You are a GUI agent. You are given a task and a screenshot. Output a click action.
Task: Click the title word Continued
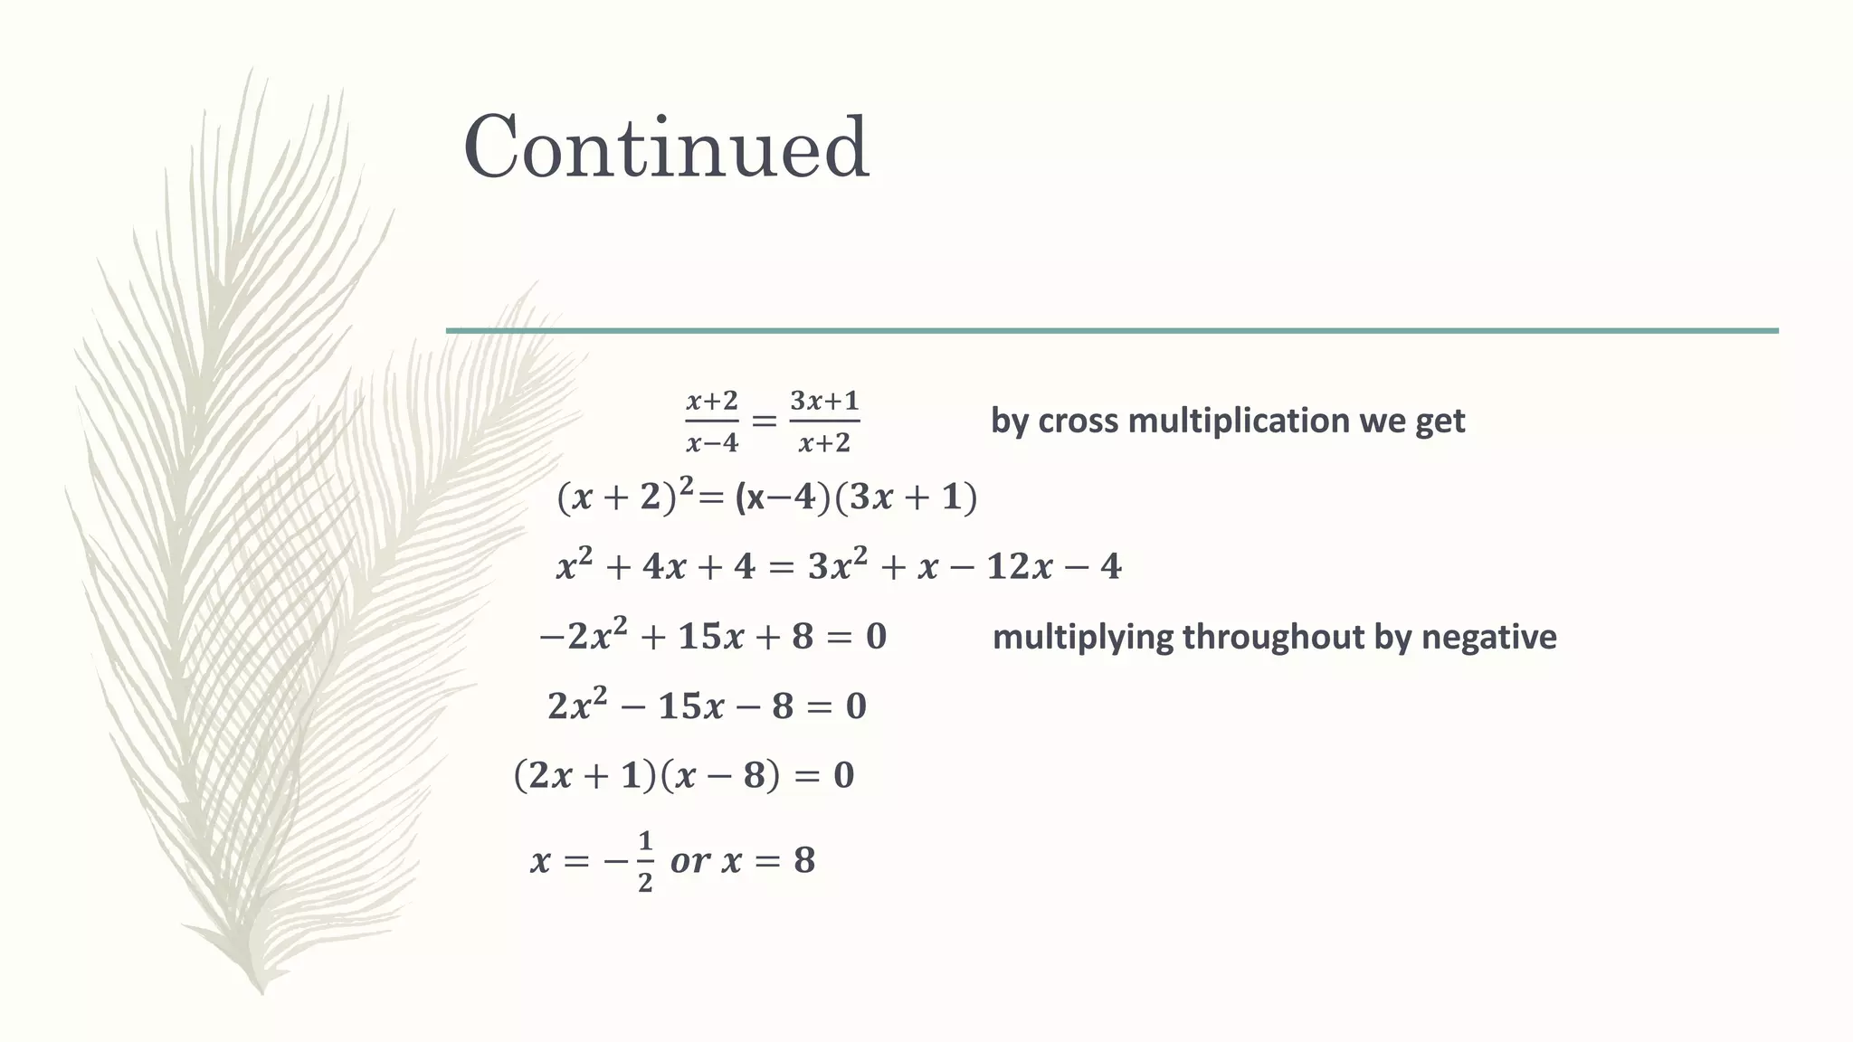[x=666, y=147]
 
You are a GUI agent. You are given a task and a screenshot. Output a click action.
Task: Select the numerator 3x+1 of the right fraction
[x=824, y=401]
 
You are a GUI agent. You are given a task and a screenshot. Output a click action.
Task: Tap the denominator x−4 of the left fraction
[x=712, y=443]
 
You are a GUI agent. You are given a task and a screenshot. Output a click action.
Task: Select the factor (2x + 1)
[x=584, y=776]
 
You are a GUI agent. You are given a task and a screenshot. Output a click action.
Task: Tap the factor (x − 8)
[x=720, y=776]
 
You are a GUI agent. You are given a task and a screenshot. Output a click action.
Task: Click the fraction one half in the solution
[x=644, y=862]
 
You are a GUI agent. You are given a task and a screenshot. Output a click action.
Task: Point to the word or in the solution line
[x=689, y=861]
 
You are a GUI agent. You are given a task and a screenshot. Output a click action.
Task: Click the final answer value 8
[x=804, y=860]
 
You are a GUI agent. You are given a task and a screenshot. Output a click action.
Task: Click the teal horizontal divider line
[x=1111, y=331]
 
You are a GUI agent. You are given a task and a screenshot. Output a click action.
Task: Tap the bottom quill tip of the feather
[x=261, y=990]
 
